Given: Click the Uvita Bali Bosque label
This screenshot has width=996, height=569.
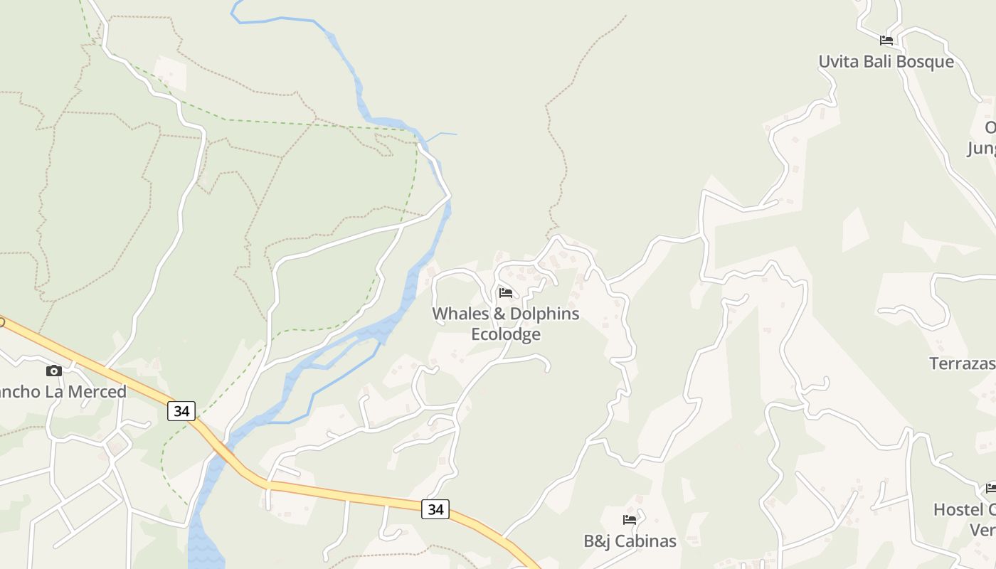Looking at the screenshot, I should (886, 62).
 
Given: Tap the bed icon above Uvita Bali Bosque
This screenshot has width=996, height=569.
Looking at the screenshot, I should (886, 41).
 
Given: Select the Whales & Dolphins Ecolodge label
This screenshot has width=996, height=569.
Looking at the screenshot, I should (506, 324).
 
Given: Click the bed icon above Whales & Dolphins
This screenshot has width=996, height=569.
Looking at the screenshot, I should (506, 293).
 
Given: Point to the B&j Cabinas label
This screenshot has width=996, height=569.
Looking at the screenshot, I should (630, 541).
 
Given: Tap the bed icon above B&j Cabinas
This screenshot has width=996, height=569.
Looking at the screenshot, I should (630, 520).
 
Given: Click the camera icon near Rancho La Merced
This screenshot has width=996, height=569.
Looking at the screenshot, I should (54, 371).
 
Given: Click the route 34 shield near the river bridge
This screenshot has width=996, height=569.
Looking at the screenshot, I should (181, 411).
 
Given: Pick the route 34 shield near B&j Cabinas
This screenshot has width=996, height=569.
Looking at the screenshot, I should (435, 509).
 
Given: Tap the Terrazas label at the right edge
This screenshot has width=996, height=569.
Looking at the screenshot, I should (963, 364).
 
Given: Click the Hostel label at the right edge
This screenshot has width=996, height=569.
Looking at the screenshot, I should (964, 510).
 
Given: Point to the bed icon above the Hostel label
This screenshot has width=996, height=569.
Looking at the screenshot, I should (991, 489).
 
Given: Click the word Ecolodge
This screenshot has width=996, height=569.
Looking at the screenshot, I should (506, 334).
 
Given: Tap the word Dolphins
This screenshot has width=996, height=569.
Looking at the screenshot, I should (544, 314).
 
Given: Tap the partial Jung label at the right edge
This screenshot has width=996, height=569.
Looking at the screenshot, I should (981, 149).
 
